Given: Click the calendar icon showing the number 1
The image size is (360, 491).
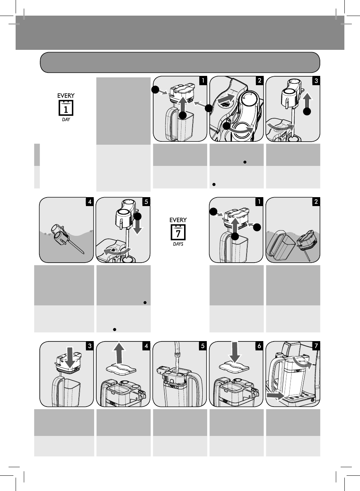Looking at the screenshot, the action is click(66, 108).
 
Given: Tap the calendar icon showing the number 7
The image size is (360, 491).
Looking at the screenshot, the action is click(178, 232).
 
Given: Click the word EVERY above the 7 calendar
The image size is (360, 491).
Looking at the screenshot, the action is click(178, 220).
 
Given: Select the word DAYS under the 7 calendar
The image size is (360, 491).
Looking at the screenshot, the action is click(178, 244).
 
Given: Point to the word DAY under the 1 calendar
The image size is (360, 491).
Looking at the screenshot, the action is click(66, 119).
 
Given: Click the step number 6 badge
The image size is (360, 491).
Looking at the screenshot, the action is click(259, 346).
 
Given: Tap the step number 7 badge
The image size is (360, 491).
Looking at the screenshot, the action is click(316, 346).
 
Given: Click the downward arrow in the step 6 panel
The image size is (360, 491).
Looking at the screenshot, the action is click(235, 352).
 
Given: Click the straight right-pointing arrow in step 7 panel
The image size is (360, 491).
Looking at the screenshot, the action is click(275, 396).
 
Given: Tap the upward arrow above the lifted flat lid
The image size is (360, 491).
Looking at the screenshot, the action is click(119, 352).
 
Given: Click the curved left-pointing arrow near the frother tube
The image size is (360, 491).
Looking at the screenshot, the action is click(117, 251).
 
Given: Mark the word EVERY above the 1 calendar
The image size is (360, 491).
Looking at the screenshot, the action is click(66, 96).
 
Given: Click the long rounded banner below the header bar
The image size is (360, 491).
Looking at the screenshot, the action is click(180, 62).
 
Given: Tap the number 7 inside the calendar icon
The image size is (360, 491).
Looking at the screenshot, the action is click(178, 234).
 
